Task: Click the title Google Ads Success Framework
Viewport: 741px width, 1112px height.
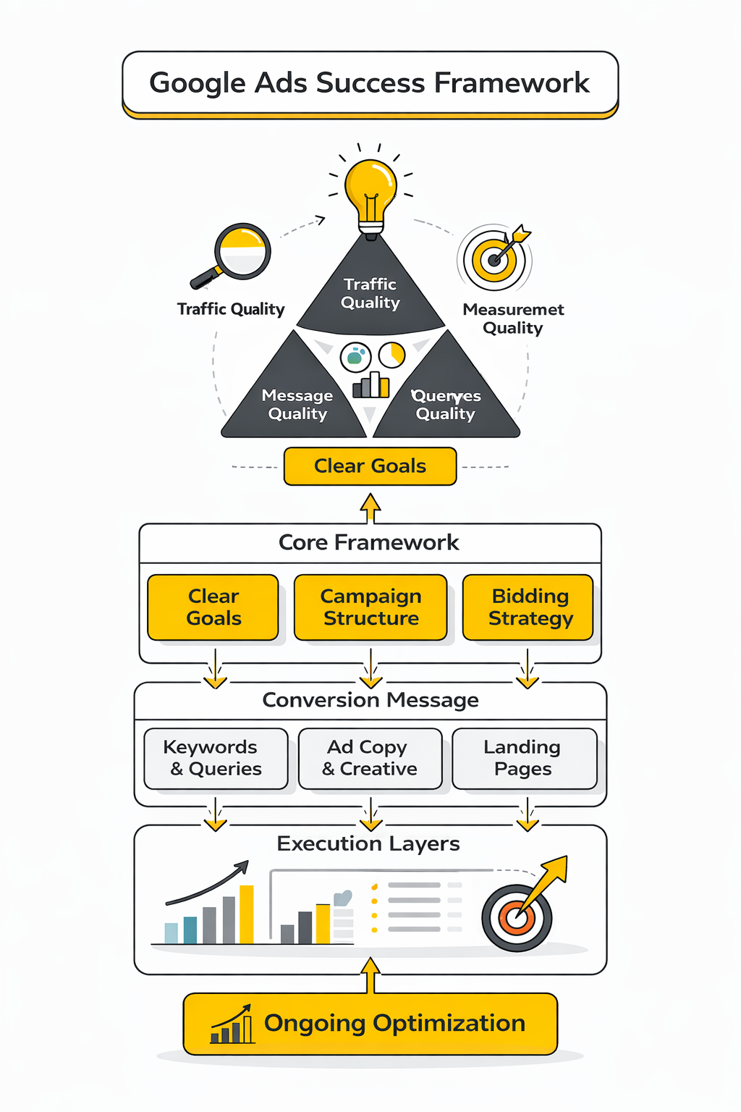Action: click(x=370, y=83)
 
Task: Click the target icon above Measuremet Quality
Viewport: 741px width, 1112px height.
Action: click(x=496, y=258)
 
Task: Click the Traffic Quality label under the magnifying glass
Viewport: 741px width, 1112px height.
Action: click(x=231, y=309)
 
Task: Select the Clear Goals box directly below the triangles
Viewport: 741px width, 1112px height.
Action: click(x=370, y=466)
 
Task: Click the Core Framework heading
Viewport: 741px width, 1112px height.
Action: click(x=369, y=543)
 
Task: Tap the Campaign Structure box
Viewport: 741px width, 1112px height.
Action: click(x=370, y=607)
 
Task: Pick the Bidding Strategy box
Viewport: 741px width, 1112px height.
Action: click(x=528, y=607)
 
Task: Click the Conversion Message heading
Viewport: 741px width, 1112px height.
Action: click(x=370, y=700)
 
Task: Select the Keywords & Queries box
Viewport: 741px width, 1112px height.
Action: click(x=216, y=758)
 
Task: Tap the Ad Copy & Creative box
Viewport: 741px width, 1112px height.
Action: click(x=370, y=758)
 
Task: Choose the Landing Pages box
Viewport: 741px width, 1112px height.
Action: click(x=524, y=758)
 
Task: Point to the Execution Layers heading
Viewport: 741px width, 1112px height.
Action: click(x=368, y=844)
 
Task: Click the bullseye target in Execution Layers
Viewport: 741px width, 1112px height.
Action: click(x=517, y=917)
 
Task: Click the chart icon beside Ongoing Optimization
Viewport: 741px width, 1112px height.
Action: click(x=232, y=1025)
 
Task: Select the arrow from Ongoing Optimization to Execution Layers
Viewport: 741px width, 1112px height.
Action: click(x=370, y=975)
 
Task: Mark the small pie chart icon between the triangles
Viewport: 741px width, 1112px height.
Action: click(x=392, y=355)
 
